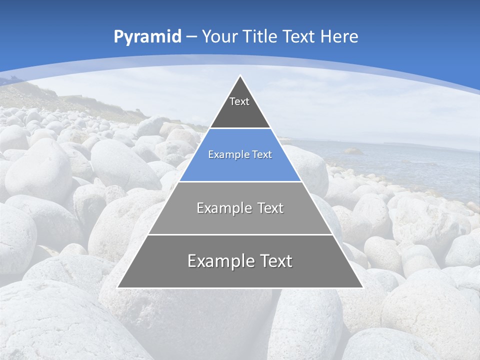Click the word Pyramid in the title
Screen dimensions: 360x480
pyautogui.click(x=147, y=37)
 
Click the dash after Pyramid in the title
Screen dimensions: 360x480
pyautogui.click(x=191, y=37)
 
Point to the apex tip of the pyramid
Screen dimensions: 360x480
pyautogui.click(x=240, y=76)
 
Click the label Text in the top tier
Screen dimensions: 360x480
pyautogui.click(x=239, y=101)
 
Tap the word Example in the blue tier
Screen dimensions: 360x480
pyautogui.click(x=224, y=154)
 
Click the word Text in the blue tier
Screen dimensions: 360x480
pyautogui.click(x=262, y=154)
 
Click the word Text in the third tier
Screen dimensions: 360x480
pyautogui.click(x=270, y=208)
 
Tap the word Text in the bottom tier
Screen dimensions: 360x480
pyautogui.click(x=276, y=261)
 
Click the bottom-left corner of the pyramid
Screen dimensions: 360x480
pyautogui.click(x=117, y=287)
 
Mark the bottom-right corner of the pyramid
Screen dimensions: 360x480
pyautogui.click(x=362, y=287)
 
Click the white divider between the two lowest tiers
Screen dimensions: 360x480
pyautogui.click(x=240, y=234)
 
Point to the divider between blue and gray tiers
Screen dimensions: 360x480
pyautogui.click(x=240, y=181)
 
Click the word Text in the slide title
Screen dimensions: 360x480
pyautogui.click(x=298, y=36)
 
